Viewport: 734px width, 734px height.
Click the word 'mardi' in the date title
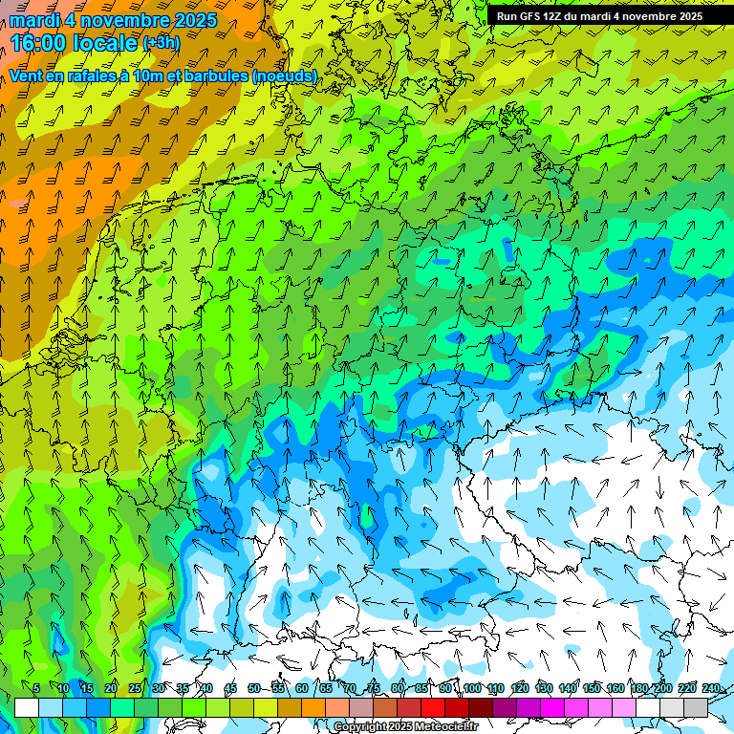pos(33,20)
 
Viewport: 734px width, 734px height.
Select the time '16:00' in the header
pos(41,43)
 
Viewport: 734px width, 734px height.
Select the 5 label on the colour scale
pos(36,688)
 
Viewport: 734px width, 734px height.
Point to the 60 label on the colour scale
pos(302,688)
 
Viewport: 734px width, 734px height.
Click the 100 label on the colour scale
pos(472,688)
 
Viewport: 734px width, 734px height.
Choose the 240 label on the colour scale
pos(711,688)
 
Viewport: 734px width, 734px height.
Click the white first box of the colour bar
pos(27,707)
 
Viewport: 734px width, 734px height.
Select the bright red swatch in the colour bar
pos(433,707)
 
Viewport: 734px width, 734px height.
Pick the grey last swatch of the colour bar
pos(696,707)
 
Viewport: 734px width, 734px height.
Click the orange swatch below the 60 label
pos(313,707)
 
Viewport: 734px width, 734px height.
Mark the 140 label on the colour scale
pos(568,688)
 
